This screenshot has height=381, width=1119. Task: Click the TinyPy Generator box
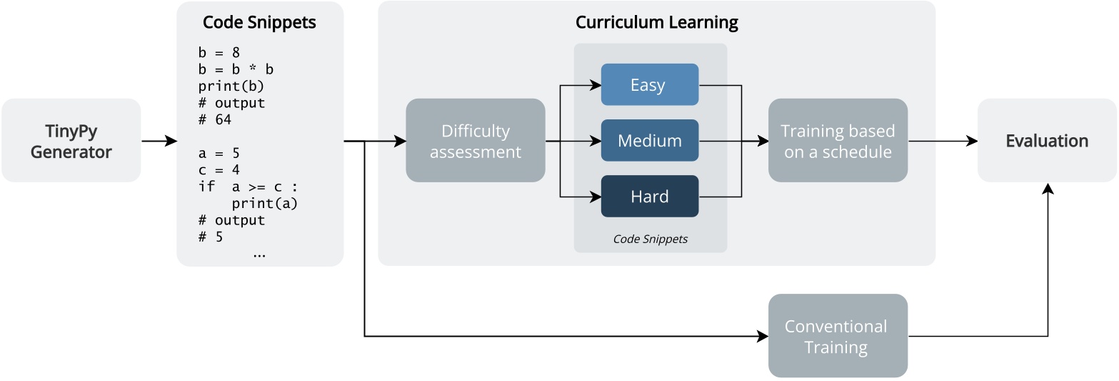pos(71,141)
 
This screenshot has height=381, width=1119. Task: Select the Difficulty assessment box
pos(475,141)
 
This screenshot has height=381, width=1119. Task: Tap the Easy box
pos(649,84)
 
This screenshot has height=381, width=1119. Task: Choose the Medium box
pos(649,141)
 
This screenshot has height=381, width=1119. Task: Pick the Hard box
pos(649,196)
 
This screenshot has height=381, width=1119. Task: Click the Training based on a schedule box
pos(838,141)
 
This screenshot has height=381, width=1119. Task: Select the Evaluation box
pos(1047,141)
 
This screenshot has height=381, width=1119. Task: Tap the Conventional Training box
pos(838,335)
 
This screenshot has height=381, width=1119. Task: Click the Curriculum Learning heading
pos(656,22)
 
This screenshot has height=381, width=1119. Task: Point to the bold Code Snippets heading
pos(259,22)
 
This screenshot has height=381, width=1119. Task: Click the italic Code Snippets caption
pos(650,239)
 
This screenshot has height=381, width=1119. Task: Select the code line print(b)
pos(231,86)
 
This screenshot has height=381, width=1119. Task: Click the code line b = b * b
pos(236,69)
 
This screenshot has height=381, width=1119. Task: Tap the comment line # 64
pos(215,119)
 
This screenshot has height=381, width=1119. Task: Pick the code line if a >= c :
pos(248,187)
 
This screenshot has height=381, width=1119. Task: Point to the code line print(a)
pos(265,204)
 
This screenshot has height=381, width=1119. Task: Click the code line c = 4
pos(219,170)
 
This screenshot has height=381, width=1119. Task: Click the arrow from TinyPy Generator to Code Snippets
pos(159,141)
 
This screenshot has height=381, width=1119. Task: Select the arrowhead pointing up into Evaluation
pos(1048,189)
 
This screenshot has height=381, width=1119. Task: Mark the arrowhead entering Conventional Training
pos(763,336)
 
